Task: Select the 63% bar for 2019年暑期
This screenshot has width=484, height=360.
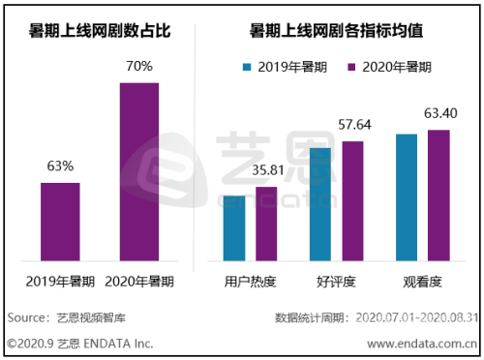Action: (60, 222)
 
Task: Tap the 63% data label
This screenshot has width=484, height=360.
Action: (60, 165)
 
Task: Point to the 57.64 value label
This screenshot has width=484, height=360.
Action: (354, 125)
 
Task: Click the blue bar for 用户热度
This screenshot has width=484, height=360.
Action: (234, 228)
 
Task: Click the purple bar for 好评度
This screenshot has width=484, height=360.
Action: (353, 201)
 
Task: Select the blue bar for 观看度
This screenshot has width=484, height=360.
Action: (408, 197)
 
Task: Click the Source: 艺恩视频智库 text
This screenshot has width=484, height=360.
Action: (58, 317)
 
